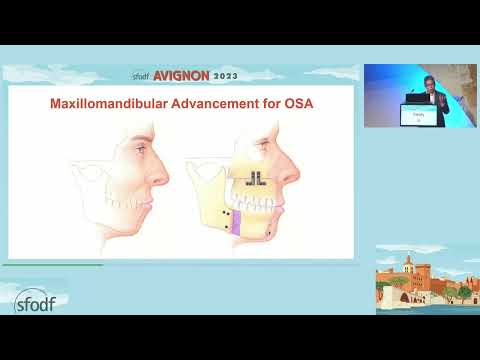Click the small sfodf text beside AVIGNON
tap(147, 74)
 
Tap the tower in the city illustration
tap(409, 267)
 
